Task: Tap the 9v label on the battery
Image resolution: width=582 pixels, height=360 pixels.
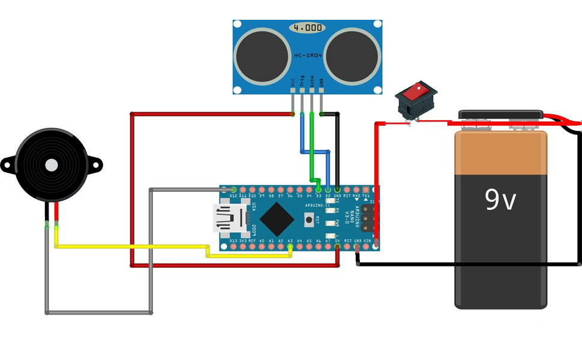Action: click(500, 200)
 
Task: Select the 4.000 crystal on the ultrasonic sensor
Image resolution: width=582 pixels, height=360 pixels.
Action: click(307, 28)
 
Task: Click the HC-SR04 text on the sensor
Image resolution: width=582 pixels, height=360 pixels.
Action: click(307, 56)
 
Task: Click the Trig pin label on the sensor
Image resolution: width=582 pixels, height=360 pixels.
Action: click(302, 81)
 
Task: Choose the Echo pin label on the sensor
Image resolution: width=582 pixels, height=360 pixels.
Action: click(311, 81)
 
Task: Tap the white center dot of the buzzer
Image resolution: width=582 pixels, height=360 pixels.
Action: click(52, 164)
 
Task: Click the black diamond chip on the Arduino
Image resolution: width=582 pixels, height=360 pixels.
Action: click(277, 218)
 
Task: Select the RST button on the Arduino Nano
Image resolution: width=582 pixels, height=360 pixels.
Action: click(309, 220)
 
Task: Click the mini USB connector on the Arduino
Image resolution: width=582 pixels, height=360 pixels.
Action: click(228, 218)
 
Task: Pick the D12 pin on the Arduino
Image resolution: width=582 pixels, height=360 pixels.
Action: click(233, 190)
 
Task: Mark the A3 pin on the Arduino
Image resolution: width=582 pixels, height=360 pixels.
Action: click(290, 246)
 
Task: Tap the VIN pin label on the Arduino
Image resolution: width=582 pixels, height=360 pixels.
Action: click(367, 241)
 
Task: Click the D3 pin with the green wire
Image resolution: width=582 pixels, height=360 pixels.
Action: click(318, 190)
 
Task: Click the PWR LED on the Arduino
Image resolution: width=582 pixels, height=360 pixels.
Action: click(329, 223)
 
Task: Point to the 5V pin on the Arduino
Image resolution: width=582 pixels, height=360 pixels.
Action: click(337, 246)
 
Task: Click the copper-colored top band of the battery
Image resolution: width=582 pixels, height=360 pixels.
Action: click(501, 153)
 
